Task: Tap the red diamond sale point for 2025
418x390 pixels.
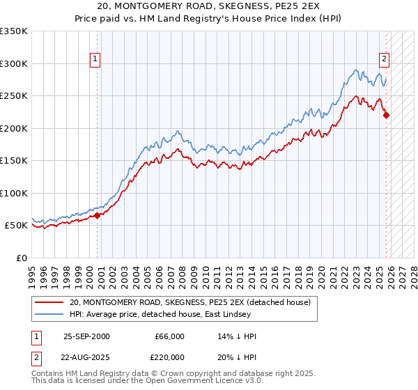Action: (x=386, y=116)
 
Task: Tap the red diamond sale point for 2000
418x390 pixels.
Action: (x=98, y=215)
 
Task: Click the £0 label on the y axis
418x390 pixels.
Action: (x=21, y=258)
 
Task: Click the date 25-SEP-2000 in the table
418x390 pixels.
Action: (x=86, y=336)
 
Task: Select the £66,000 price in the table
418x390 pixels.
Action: (x=169, y=336)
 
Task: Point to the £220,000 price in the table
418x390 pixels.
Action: (x=169, y=357)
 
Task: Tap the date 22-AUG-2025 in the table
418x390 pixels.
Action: (x=86, y=357)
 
